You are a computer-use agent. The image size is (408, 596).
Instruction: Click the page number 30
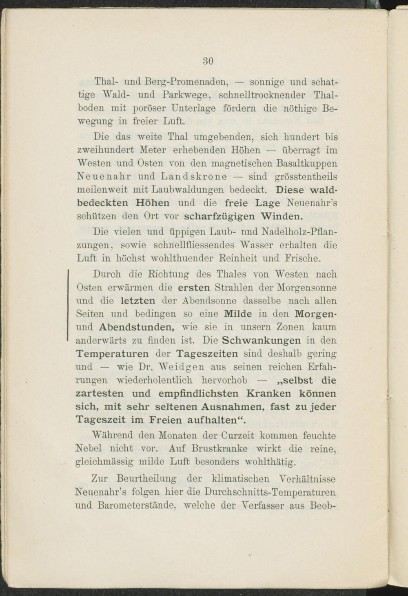click(x=208, y=61)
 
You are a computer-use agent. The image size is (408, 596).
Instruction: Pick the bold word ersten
click(x=193, y=288)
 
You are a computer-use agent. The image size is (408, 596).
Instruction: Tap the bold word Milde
click(x=238, y=314)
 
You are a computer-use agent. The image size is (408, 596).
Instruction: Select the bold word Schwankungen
click(x=261, y=340)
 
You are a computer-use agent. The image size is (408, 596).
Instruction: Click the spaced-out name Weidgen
click(x=180, y=367)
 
